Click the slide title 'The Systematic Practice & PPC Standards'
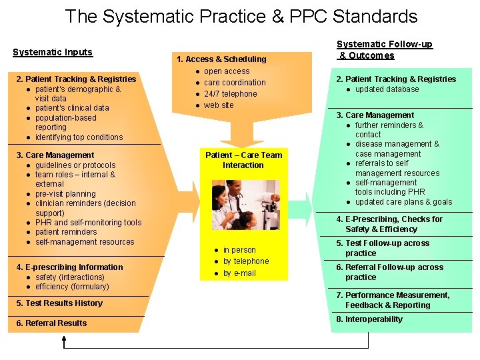tap(241, 17)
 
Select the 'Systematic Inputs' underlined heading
tap(53, 52)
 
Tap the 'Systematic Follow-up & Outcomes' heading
tap(384, 50)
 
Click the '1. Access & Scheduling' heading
tap(221, 59)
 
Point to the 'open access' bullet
tap(227, 71)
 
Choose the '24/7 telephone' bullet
tap(230, 94)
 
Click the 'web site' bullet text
tap(219, 105)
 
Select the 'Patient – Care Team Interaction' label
tap(243, 160)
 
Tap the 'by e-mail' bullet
tap(239, 273)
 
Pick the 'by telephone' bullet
tap(246, 261)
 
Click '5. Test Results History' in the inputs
tap(59, 303)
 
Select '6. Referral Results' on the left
tap(51, 323)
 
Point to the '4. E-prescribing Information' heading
tap(69, 267)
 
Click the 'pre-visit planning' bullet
tap(65, 194)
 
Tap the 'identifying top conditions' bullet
tap(79, 137)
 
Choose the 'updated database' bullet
tap(387, 89)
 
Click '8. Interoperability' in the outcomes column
tap(369, 319)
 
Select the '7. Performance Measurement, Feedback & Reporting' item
tap(393, 300)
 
